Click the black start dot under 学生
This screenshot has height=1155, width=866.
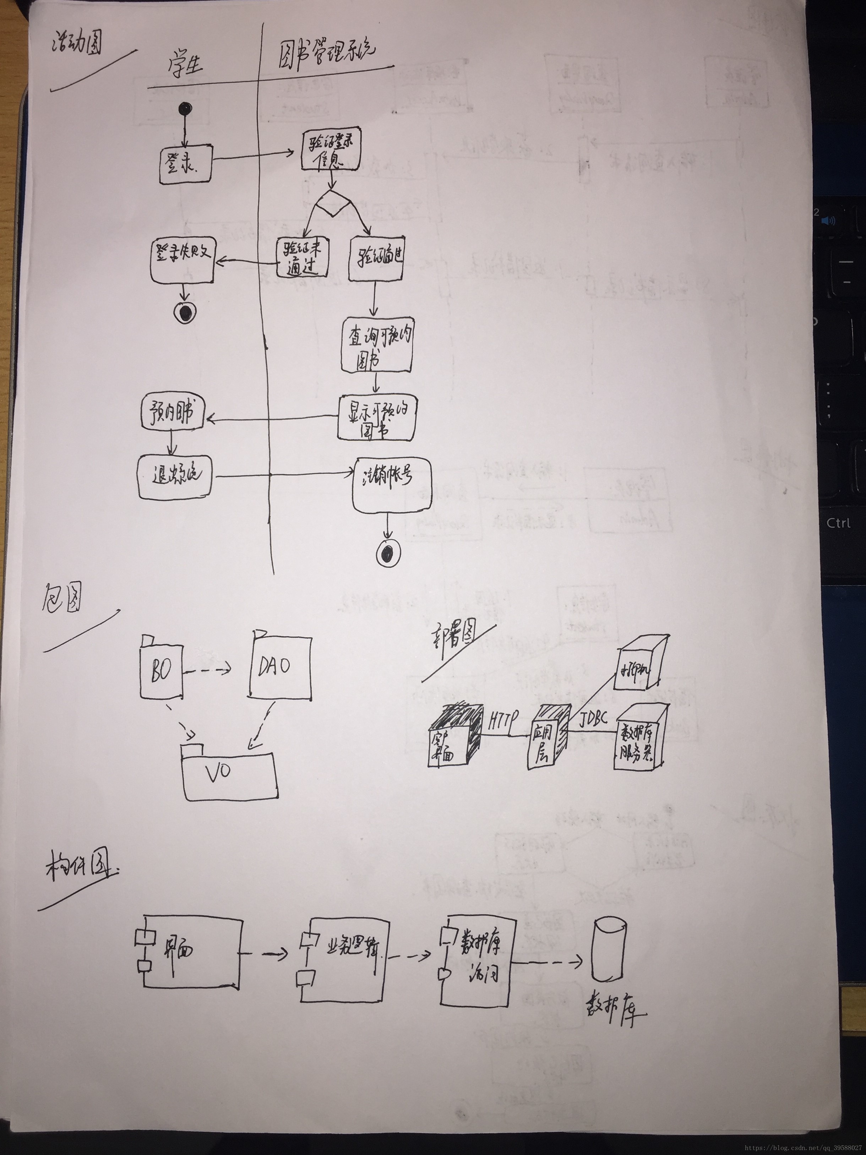185,109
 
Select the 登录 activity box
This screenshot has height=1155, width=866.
185,165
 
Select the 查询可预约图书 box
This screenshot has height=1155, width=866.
377,345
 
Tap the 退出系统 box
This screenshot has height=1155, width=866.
175,476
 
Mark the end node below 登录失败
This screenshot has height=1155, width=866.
185,312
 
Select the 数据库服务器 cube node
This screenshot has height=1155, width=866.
640,740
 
